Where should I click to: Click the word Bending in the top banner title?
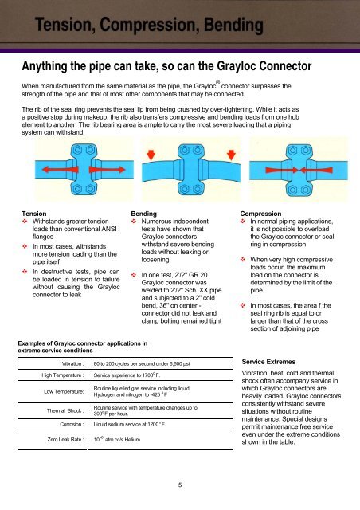(x=233, y=25)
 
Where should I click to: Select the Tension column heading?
(x=34, y=214)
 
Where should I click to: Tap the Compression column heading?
(x=260, y=214)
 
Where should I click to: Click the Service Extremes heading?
(x=268, y=362)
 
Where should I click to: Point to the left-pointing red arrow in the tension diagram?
(x=61, y=170)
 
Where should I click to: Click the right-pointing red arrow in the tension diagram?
(x=107, y=170)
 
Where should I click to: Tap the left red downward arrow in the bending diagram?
(x=151, y=155)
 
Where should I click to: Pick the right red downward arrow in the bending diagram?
(x=231, y=155)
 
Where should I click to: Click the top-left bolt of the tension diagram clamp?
(x=78, y=151)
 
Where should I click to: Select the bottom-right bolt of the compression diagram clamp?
(x=305, y=190)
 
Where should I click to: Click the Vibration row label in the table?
(x=72, y=363)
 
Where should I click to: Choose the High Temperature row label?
(x=63, y=375)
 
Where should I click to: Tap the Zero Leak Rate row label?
(x=65, y=439)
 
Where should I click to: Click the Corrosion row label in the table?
(x=72, y=424)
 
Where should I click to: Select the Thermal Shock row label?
(x=65, y=410)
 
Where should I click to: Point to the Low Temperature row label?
(x=64, y=391)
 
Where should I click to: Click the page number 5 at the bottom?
(x=180, y=485)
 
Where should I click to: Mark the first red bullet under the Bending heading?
(x=134, y=222)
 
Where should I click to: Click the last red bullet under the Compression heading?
(x=243, y=305)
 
